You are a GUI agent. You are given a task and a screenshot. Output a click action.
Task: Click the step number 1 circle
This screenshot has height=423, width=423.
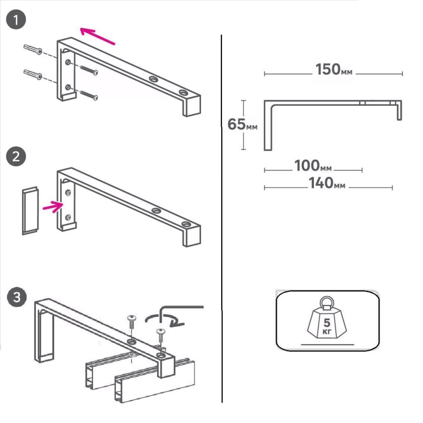click(16, 19)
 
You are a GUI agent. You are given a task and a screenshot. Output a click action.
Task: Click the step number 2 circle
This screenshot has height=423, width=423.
click(16, 156)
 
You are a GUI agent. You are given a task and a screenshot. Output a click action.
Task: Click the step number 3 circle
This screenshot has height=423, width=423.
click(17, 297)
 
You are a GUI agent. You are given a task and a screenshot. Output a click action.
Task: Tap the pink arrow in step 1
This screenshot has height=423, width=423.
click(97, 36)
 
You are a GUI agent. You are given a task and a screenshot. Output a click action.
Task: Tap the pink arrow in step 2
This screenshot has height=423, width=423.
click(53, 207)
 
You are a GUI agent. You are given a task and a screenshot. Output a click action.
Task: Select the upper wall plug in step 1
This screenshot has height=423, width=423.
click(33, 49)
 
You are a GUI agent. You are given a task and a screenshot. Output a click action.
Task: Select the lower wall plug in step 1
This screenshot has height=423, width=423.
click(33, 74)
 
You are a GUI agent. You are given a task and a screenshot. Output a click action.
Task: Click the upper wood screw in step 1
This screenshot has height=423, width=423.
click(89, 70)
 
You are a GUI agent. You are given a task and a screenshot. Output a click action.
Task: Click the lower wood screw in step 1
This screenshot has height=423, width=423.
click(89, 95)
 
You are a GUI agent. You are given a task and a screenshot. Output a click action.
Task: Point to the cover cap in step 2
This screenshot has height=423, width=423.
click(30, 210)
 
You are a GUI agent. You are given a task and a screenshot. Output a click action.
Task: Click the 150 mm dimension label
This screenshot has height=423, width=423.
click(334, 69)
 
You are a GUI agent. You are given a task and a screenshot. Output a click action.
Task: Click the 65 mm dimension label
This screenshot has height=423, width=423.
click(242, 124)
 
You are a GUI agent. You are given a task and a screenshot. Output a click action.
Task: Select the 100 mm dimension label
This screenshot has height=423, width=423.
click(313, 165)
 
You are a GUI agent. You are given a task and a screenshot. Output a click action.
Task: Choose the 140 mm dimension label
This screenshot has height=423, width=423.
click(327, 183)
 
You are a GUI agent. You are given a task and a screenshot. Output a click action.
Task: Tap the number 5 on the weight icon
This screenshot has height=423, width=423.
click(327, 322)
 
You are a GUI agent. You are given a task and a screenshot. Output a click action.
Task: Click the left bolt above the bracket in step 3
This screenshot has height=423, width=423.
click(132, 322)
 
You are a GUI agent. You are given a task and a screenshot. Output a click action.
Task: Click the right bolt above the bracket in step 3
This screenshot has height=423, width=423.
click(161, 335)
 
